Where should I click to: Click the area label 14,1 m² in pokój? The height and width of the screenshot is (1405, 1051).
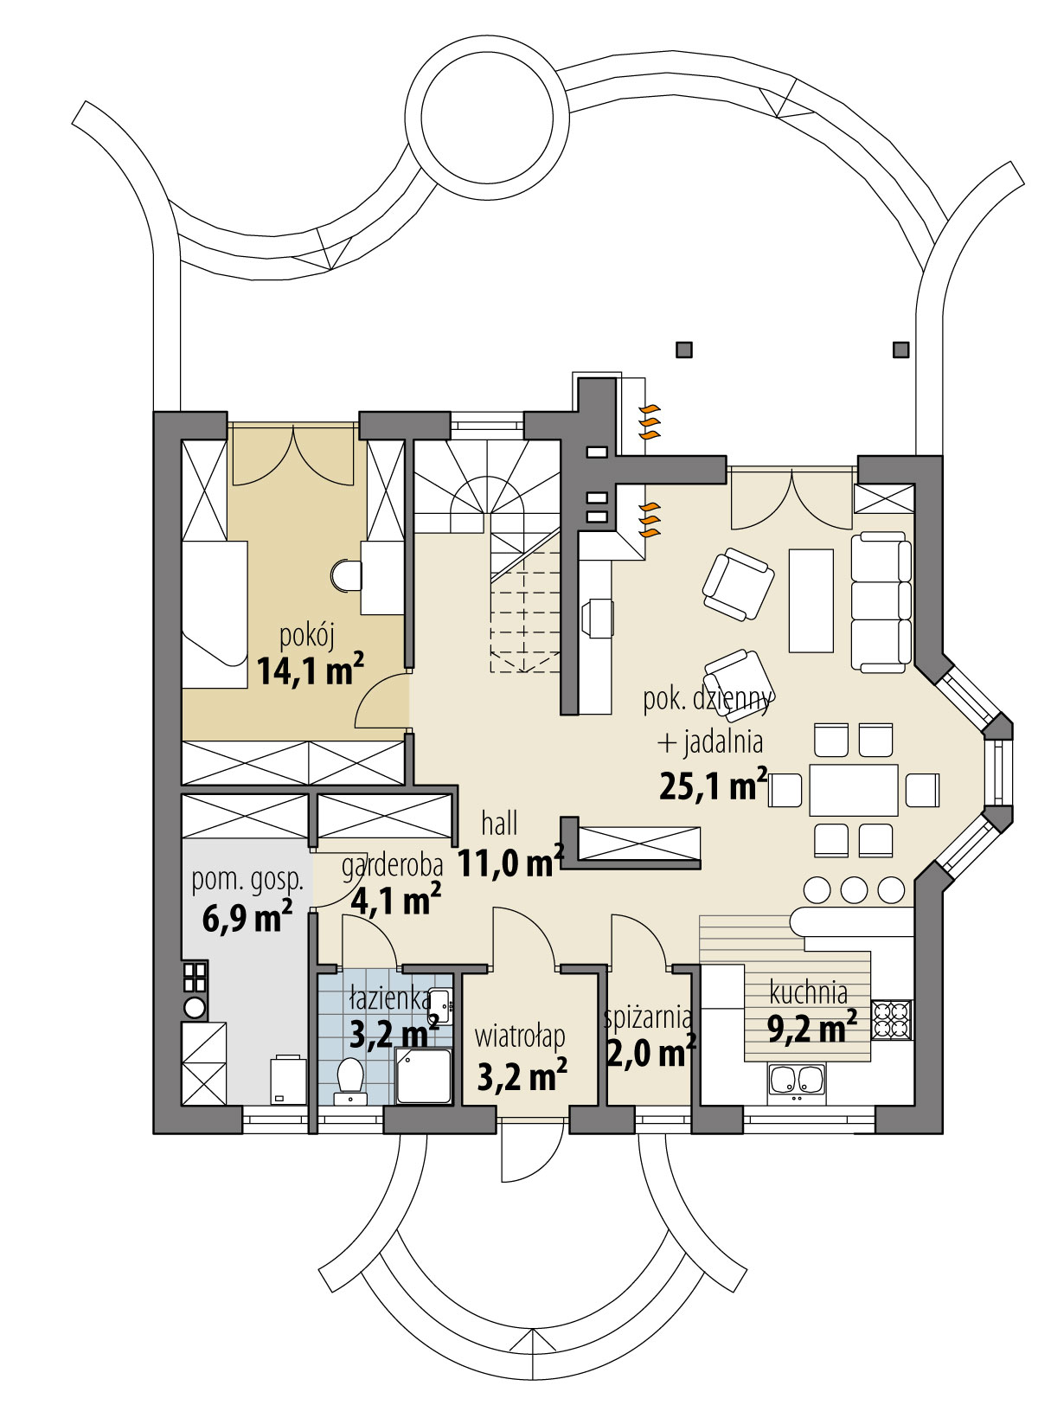(x=309, y=670)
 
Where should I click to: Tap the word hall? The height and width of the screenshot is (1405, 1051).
(x=499, y=824)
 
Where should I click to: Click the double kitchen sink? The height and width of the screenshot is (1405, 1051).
(x=798, y=1080)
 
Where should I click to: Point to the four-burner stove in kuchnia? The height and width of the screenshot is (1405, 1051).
(x=891, y=1018)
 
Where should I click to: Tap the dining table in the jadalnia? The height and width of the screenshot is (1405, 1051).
(x=853, y=790)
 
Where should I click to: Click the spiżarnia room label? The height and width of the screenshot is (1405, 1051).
(x=647, y=1017)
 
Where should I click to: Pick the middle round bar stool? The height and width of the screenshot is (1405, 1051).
(x=854, y=889)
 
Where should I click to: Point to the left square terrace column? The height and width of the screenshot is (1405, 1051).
(x=684, y=350)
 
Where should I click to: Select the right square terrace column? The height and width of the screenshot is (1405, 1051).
(x=900, y=350)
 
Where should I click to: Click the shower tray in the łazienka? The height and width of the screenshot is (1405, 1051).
(x=423, y=1076)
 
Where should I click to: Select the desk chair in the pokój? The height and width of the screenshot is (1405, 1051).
(x=346, y=574)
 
